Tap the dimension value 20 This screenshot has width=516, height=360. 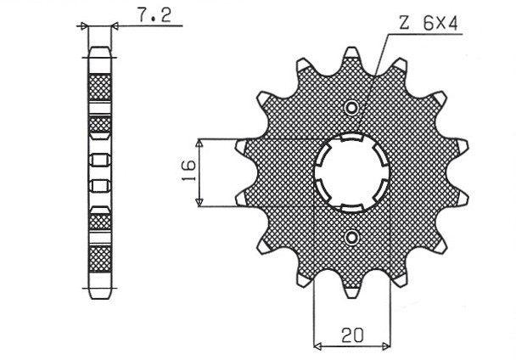coord(351,335)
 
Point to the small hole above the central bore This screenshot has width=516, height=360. coord(351,107)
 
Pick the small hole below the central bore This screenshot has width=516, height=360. coord(351,236)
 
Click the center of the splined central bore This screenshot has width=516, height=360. coord(351,172)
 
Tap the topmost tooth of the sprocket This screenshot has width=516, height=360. coord(351,58)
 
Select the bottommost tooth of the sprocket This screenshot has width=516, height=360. coord(351,288)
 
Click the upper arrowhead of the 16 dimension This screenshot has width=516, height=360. coord(199,142)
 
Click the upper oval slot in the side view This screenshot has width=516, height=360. coord(100,159)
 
